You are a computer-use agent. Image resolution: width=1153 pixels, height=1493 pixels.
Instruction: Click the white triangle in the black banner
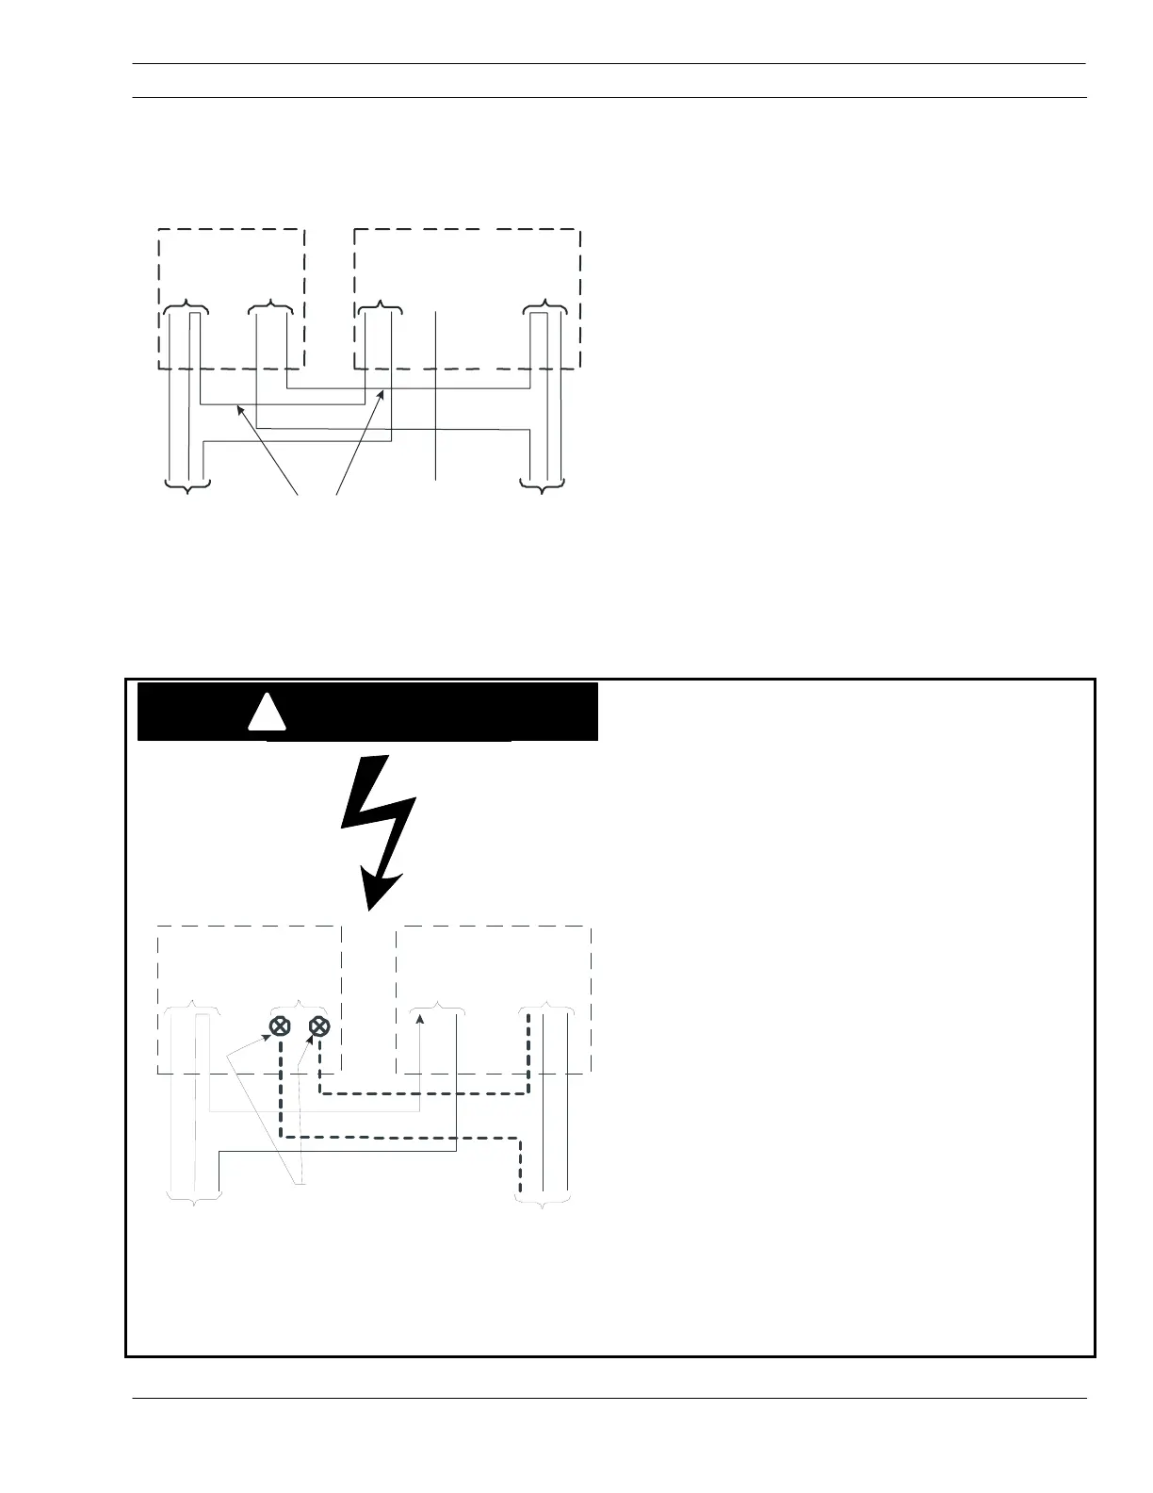pos(267,714)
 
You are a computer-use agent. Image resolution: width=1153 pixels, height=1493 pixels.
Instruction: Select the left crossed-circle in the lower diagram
pos(280,1026)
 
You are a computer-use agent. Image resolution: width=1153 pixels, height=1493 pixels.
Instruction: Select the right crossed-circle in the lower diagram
pos(319,1026)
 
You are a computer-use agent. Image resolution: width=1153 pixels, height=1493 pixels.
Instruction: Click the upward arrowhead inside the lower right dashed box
pos(420,1019)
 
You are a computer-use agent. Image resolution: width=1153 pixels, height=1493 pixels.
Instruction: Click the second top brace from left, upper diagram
pos(272,305)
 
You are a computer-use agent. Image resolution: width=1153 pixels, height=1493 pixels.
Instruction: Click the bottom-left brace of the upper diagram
pos(187,485)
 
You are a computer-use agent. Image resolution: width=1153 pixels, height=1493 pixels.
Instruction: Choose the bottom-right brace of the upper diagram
pos(544,485)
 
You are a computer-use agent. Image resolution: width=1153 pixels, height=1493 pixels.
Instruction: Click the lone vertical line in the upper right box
pos(436,396)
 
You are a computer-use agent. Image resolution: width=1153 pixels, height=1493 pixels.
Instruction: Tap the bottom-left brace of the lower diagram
pos(194,1198)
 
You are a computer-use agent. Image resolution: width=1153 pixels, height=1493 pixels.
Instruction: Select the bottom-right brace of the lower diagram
pos(544,1198)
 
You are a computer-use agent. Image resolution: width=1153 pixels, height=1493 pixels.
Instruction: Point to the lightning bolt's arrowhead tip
pos(370,907)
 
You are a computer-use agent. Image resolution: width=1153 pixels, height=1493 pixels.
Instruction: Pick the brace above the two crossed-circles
pos(299,1005)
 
